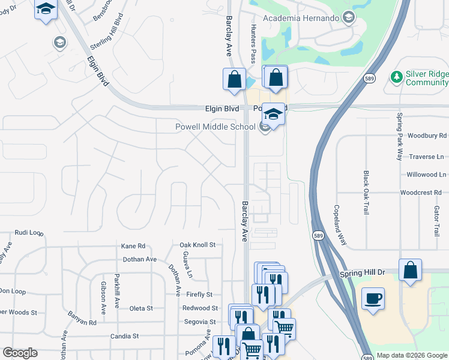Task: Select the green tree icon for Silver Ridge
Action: (396, 77)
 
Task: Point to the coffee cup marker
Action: (373, 298)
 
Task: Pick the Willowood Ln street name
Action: (423, 175)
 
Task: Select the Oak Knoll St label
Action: (197, 245)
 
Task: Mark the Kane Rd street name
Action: (133, 246)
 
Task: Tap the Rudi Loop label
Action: (29, 232)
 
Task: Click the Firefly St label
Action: (200, 295)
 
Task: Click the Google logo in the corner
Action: (20, 353)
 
